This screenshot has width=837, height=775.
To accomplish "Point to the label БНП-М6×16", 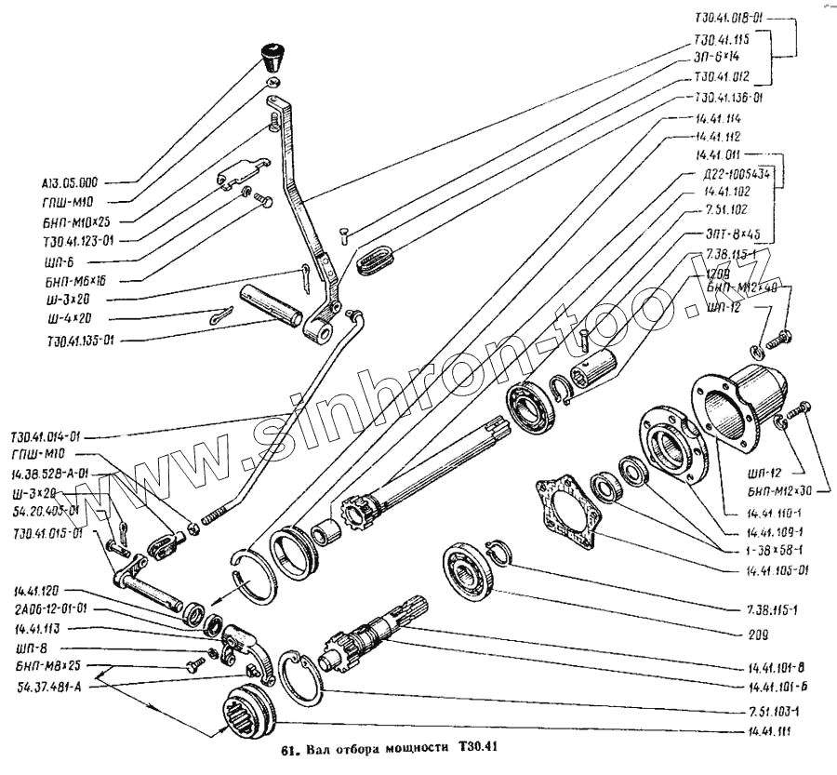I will [x=80, y=279].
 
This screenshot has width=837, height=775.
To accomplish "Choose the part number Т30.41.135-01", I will [x=76, y=341].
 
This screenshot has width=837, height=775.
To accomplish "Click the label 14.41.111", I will [x=768, y=733].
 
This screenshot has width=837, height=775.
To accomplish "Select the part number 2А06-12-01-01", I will [x=51, y=610].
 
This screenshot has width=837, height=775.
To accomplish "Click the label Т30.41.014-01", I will [x=47, y=436].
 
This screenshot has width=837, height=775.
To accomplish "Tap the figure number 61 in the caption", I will [x=287, y=749].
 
